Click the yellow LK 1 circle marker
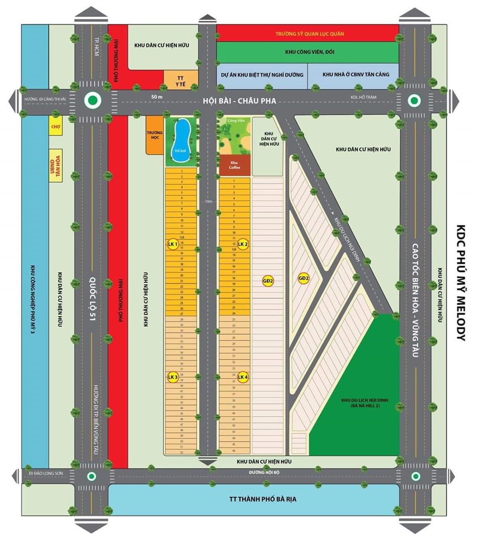pos(172,244)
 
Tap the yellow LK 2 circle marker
pos(243,244)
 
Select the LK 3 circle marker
pos(172,377)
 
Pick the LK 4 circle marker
pos(243,377)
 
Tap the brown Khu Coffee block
pos(234,165)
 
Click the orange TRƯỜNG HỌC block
pos(154,135)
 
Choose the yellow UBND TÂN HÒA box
pos(55,168)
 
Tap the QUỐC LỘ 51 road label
pos(93,300)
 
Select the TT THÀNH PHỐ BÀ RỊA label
pos(263,499)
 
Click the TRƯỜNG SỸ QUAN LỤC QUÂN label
pos(309,34)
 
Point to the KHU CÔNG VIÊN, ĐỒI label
pos(309,52)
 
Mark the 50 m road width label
pos(157,97)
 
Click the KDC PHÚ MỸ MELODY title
pos(461,283)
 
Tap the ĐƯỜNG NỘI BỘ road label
pos(264,472)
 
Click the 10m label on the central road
pos(208,201)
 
